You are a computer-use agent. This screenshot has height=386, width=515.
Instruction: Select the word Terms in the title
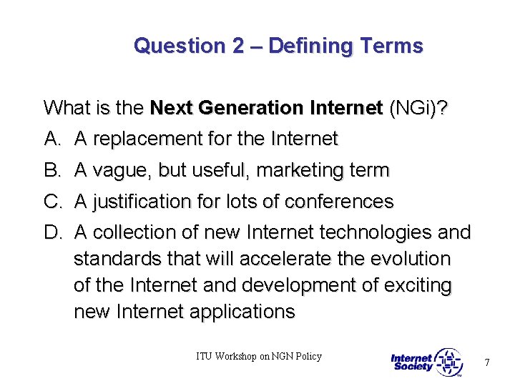tap(391, 46)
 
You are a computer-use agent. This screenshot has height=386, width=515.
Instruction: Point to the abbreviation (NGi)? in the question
tap(418, 109)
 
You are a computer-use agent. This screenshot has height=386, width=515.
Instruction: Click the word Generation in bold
tap(254, 109)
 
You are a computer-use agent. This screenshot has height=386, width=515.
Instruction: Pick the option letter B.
tap(51, 171)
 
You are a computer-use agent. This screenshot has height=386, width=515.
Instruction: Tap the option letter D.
tap(51, 233)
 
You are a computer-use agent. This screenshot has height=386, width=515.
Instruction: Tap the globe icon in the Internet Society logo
tap(448, 362)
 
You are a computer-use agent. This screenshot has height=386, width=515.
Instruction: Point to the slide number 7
tap(487, 362)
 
